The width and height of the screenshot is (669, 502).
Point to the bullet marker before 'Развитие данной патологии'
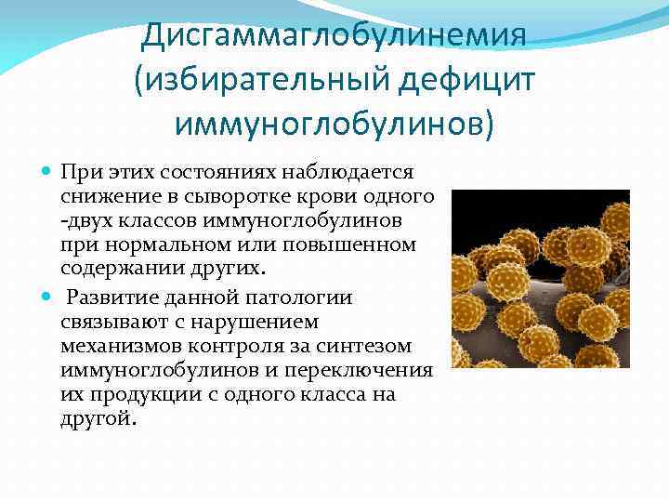47,297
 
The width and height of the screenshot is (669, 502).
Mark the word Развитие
112,297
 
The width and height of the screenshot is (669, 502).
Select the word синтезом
382,346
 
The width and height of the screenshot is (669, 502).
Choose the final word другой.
97,419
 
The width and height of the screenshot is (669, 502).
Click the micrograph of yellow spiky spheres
540,279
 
